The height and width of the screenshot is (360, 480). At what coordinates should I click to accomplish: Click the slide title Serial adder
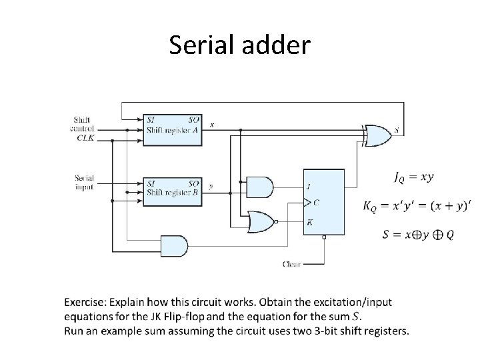coord(239,45)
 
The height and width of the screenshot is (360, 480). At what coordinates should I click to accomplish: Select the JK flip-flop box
coord(324,202)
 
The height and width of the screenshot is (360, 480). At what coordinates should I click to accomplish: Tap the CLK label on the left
coord(86,137)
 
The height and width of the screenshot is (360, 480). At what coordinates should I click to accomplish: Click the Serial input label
coord(85,182)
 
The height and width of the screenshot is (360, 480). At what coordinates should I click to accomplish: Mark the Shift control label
coord(83,124)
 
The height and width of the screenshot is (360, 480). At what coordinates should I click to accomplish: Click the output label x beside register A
coord(212,124)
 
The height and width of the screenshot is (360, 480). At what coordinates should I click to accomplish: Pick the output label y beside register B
coord(211,187)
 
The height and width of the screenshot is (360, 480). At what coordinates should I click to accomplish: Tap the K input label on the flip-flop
coord(309,222)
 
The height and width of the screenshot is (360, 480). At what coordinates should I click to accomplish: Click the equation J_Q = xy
coord(414,177)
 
